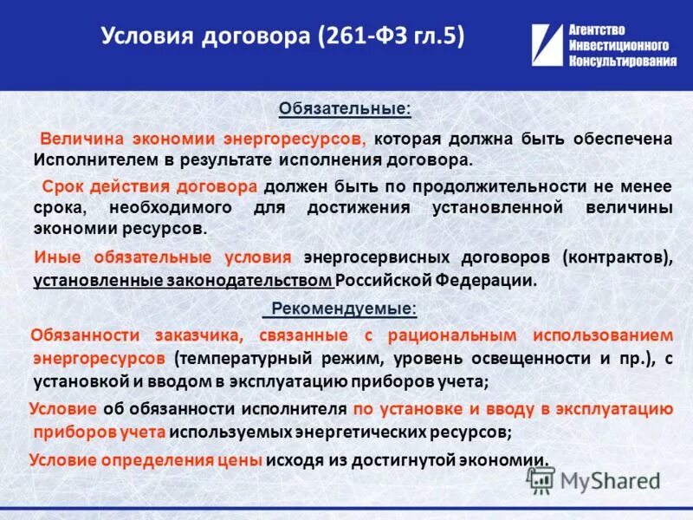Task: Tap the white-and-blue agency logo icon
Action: (x=547, y=46)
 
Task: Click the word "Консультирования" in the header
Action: (x=623, y=62)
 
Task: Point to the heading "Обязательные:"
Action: (x=345, y=110)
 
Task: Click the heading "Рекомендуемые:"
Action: (x=344, y=309)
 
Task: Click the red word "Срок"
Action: (x=64, y=186)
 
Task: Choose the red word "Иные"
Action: (x=55, y=257)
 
